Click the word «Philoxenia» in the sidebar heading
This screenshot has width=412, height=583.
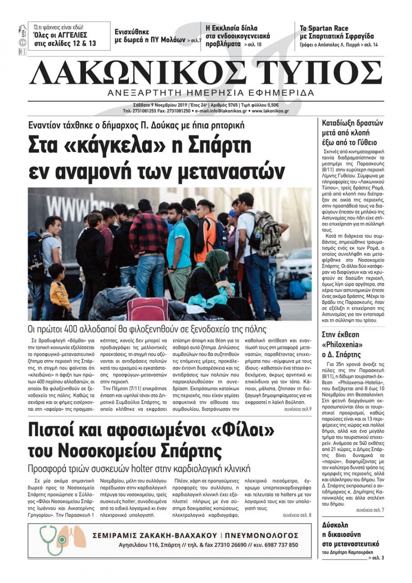342,344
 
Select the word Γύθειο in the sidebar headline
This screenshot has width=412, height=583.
364,143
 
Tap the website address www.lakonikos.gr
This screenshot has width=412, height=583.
270,111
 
